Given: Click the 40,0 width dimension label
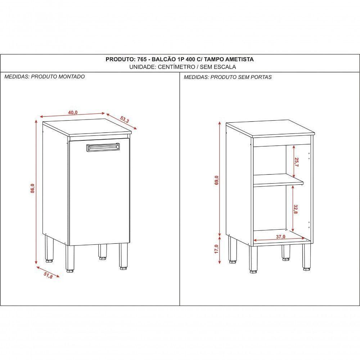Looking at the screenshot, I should [72, 113].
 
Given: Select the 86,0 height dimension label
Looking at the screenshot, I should [32, 188].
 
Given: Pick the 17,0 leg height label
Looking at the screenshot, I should [216, 249].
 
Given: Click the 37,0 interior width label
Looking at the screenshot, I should [281, 237].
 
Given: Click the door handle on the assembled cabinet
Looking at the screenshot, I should [103, 147].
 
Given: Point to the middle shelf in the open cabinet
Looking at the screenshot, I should [277, 180].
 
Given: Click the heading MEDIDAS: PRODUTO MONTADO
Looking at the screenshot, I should [45, 77].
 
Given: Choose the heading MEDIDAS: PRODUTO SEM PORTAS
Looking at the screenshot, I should [228, 77].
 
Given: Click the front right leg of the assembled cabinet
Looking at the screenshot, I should [123, 256].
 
